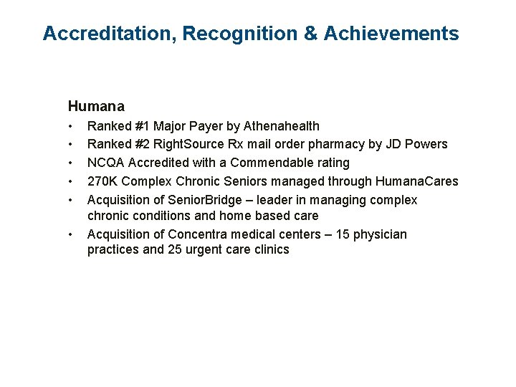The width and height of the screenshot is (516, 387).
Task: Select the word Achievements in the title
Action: (x=391, y=33)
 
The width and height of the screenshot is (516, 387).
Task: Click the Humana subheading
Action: (x=96, y=106)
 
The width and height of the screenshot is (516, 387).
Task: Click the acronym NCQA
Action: (x=106, y=163)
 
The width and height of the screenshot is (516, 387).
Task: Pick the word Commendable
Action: (x=272, y=163)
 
